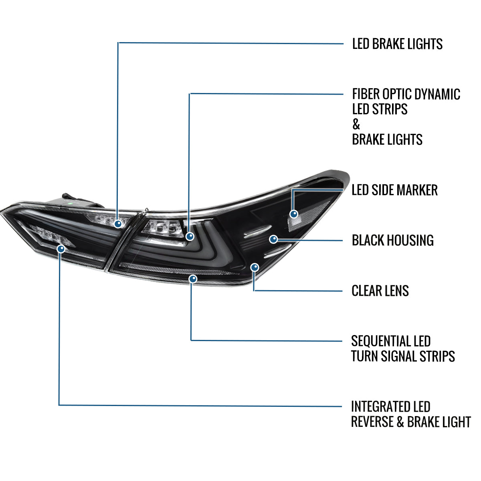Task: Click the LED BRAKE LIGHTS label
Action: coord(397,44)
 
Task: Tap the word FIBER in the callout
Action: coord(366,94)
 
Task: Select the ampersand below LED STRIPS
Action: coord(356,124)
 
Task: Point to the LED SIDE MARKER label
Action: coord(394,190)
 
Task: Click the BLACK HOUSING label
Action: coord(393,240)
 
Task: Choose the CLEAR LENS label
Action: coord(380,291)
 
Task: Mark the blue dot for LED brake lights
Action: coord(118,223)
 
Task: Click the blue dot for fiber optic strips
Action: coord(190,236)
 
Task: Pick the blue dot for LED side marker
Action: coord(294,214)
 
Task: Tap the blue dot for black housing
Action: coord(274,239)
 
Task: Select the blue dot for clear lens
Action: coord(255,268)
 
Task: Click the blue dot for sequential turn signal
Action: coord(193,279)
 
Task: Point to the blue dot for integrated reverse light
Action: coord(61,249)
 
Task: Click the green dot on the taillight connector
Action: coord(71,204)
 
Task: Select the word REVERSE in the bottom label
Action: coord(372,422)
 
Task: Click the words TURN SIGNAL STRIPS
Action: coord(403,356)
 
